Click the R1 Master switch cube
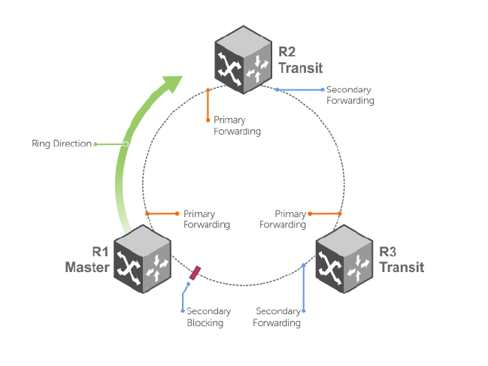point(142,259)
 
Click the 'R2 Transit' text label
point(300,60)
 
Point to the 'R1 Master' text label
point(87,259)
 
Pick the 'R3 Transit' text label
point(402,259)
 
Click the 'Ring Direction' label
point(62,144)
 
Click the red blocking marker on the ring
point(196,273)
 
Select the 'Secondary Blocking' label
point(208,317)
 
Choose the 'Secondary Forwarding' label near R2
point(350,95)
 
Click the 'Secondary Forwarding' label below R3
point(278,317)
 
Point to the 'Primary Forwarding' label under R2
point(237,126)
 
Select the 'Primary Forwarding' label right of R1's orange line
point(206,219)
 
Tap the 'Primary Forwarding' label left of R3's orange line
point(283,219)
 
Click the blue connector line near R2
point(301,90)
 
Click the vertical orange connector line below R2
point(207,105)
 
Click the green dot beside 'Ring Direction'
point(95,144)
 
